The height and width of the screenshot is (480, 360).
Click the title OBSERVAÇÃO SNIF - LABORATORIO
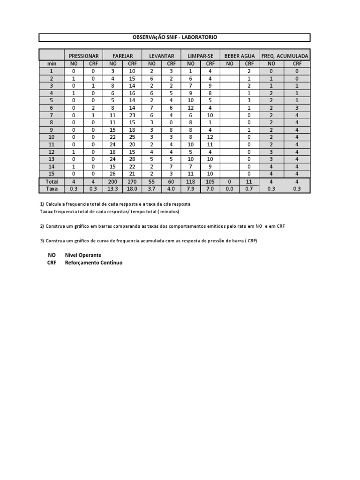click(x=174, y=37)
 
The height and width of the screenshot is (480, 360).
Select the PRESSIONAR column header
click(x=84, y=56)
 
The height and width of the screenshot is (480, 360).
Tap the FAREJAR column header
click(x=123, y=56)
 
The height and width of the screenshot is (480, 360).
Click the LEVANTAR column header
click(x=161, y=56)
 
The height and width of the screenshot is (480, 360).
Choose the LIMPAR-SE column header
click(x=200, y=56)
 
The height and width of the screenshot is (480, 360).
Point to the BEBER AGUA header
click(x=240, y=56)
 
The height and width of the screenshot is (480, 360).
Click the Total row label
click(x=52, y=181)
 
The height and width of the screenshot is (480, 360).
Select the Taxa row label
click(x=52, y=189)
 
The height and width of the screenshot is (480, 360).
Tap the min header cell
click(x=52, y=63)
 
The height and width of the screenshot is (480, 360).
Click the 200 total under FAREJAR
click(x=113, y=181)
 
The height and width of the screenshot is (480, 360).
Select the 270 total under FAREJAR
click(x=132, y=181)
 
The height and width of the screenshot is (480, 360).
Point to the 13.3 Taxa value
click(x=113, y=189)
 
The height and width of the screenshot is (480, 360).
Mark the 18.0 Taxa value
click(x=132, y=189)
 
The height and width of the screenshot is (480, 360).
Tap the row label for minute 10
click(x=52, y=136)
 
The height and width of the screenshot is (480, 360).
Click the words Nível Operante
click(x=83, y=255)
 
